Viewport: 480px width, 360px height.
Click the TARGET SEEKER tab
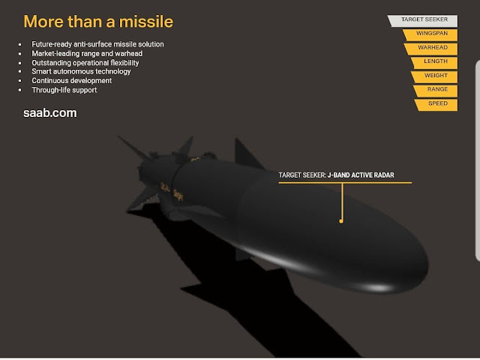coord(424,21)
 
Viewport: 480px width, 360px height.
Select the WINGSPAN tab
coord(431,35)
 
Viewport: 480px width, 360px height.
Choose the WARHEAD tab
coord(432,49)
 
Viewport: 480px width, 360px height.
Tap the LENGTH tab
coord(435,63)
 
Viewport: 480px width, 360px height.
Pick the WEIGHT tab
coord(435,76)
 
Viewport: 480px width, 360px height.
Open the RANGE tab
coord(436,91)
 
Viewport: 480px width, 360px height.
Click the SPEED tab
coord(436,105)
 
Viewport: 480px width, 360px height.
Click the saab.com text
coord(50,113)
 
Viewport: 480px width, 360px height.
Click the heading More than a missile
coord(98,22)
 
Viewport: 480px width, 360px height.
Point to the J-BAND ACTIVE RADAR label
coord(361,175)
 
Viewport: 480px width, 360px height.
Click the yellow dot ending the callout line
coord(341,221)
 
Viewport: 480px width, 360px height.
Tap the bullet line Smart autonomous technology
coord(81,72)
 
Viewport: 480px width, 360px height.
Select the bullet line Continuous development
coord(72,81)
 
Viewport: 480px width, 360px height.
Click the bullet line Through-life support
coord(64,90)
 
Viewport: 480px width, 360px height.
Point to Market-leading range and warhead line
coord(87,53)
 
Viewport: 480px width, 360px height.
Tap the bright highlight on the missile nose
coord(378,288)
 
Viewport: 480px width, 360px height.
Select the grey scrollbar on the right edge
coord(477,161)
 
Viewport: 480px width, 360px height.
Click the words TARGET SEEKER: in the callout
coord(302,175)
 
